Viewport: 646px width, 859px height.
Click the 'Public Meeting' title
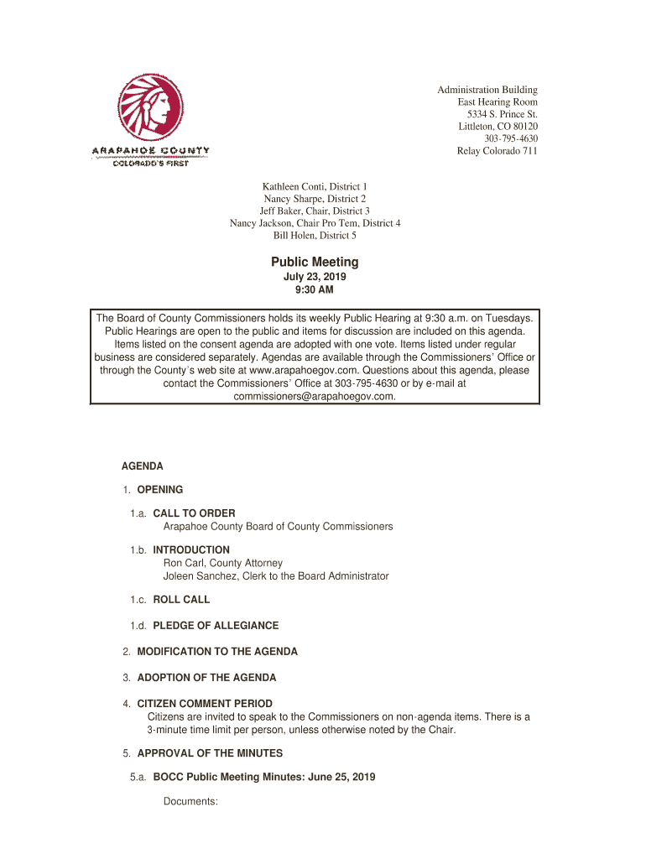pyautogui.click(x=315, y=263)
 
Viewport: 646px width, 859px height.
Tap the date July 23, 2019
pyautogui.click(x=315, y=277)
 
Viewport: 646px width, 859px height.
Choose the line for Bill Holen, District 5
pyautogui.click(x=315, y=236)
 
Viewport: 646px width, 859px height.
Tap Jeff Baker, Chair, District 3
pyautogui.click(x=315, y=211)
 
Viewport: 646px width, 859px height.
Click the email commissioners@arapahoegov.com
pyautogui.click(x=315, y=397)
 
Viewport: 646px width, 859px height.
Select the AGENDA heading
pyautogui.click(x=143, y=466)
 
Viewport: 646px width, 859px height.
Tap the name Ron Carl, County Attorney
pyautogui.click(x=222, y=563)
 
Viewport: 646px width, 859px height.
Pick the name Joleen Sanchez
pyautogui.click(x=202, y=576)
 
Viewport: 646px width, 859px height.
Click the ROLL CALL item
pyautogui.click(x=181, y=600)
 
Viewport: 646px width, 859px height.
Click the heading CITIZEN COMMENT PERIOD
pyautogui.click(x=205, y=704)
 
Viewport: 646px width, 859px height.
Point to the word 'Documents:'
pyautogui.click(x=190, y=802)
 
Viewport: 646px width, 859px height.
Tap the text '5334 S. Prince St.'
pyautogui.click(x=502, y=114)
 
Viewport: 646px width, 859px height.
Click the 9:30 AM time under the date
pyautogui.click(x=315, y=290)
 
